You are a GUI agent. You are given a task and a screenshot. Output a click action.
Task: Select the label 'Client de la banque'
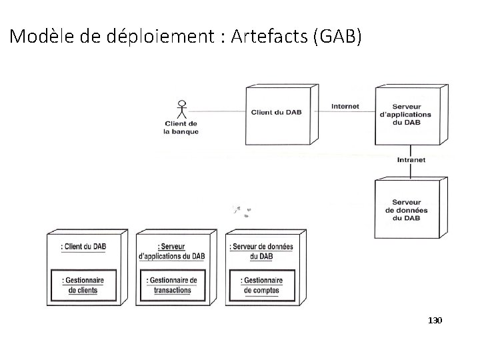click(x=181, y=127)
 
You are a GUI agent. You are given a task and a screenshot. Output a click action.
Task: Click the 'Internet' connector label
click(x=345, y=106)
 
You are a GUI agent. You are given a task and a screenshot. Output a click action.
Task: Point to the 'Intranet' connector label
click(x=411, y=160)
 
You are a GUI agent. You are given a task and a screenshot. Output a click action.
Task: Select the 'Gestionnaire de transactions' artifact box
click(x=172, y=285)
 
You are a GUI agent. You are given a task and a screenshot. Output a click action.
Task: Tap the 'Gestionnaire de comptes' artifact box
click(x=261, y=285)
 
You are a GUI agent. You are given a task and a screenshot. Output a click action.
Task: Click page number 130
click(x=435, y=321)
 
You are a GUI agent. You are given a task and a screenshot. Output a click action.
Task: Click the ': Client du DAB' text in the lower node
click(x=83, y=247)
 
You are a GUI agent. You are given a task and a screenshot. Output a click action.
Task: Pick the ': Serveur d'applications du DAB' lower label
click(x=172, y=251)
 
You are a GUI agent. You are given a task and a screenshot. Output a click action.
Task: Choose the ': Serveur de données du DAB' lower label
click(x=261, y=251)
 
